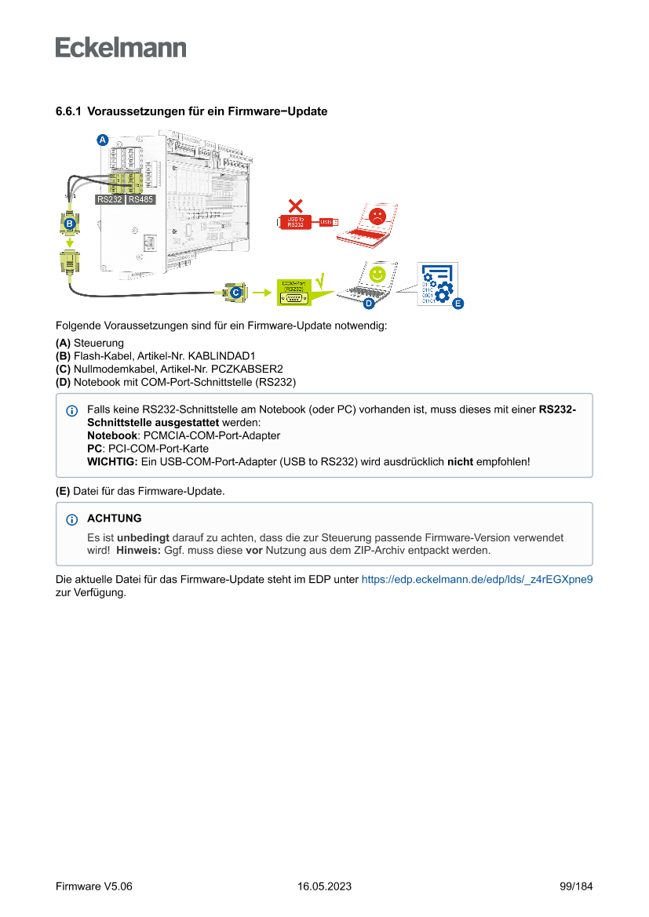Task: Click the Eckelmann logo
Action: pos(121,47)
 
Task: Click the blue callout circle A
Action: pos(102,140)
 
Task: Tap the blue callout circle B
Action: pos(69,224)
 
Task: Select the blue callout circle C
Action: pos(235,292)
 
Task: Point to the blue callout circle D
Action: pos(367,303)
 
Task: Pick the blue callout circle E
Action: pos(458,302)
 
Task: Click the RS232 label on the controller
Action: pos(109,199)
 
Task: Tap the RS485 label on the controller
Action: pos(140,199)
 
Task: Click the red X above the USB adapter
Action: pos(296,206)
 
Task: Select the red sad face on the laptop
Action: pos(378,217)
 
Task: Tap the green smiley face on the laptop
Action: pos(378,274)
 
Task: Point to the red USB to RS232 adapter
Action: pos(296,222)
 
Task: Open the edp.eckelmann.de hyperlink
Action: pos(476,580)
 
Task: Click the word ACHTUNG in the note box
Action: pos(115,519)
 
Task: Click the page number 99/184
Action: pos(576,886)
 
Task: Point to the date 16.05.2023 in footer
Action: pos(324,886)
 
